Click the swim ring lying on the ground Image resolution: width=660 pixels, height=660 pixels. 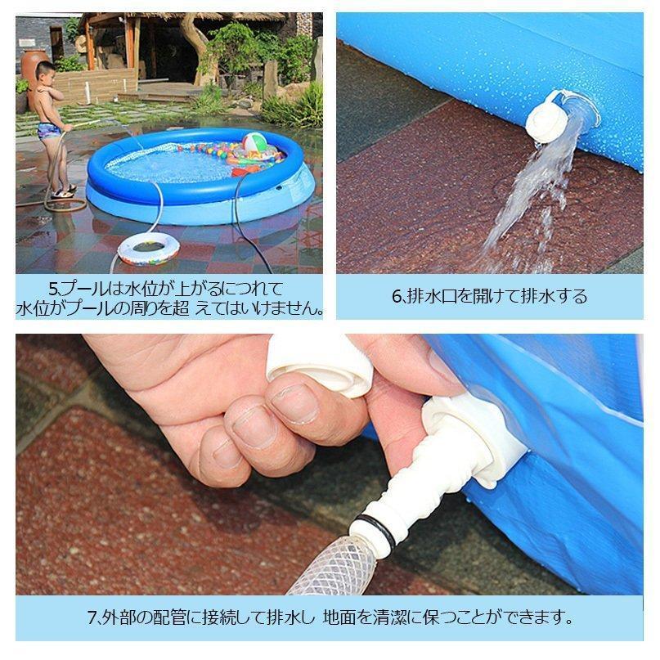pos(148,246)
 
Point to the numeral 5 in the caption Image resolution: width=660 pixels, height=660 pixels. pos(53,289)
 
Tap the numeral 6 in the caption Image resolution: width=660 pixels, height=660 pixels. pos(397,296)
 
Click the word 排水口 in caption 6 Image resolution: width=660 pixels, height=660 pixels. pos(433,296)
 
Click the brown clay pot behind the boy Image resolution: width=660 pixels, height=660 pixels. pos(34,69)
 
